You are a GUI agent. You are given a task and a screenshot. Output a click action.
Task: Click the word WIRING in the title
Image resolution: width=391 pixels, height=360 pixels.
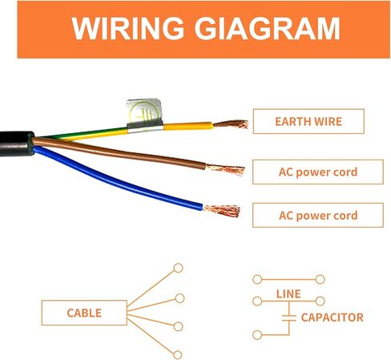[127, 28]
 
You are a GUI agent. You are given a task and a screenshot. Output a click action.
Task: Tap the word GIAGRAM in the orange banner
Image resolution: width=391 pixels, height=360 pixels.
[268, 28]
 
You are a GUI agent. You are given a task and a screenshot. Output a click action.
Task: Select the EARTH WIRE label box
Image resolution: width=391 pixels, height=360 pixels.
[308, 121]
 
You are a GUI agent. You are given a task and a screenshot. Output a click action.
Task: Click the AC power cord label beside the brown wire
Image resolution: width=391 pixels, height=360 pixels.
[318, 172]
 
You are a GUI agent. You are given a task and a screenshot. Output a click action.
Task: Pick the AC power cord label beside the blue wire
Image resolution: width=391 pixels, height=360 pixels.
[318, 216]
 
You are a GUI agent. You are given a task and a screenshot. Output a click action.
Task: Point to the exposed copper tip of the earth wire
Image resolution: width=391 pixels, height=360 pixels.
[231, 124]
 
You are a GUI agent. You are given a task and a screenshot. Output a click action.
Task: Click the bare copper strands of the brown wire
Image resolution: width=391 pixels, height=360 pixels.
[226, 169]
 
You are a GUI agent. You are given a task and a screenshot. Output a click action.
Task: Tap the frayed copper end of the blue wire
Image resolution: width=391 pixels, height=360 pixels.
[222, 211]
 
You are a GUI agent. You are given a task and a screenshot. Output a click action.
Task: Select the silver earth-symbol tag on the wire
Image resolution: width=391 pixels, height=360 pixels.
[144, 114]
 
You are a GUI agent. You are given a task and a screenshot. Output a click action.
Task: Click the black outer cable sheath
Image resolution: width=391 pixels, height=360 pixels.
[16, 144]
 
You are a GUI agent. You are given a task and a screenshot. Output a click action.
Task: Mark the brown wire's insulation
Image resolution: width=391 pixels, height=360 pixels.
[118, 152]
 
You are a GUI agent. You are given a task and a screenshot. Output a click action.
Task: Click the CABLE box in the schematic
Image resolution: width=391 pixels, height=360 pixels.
[84, 313]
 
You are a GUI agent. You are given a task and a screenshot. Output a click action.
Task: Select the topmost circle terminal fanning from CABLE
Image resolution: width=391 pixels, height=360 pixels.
[178, 268]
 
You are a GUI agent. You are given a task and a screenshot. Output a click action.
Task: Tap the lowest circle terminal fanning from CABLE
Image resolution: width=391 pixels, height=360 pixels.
[178, 355]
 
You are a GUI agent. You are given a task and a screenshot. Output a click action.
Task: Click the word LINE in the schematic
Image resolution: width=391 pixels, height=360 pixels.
[288, 294]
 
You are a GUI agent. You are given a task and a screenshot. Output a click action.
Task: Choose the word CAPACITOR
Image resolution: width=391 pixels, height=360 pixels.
[333, 318]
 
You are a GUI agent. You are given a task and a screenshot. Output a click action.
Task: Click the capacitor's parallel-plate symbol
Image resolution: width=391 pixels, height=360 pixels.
[289, 318]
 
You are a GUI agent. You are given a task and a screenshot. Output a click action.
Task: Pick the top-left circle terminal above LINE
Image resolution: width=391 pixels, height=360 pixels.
[257, 280]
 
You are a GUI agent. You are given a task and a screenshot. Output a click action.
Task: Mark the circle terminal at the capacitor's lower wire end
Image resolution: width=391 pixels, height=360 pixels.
[257, 335]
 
